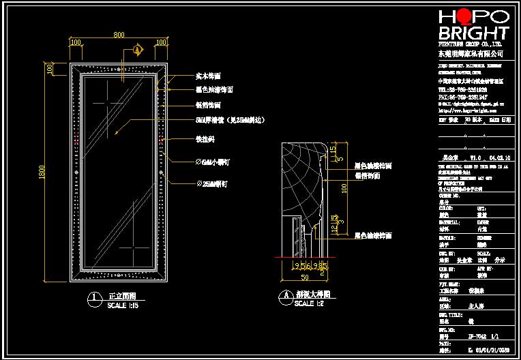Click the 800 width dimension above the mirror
coord(119,35)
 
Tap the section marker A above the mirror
coord(137,50)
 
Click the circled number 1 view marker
coord(93,298)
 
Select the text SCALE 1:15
coord(123,306)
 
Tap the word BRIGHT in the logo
coord(473,33)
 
